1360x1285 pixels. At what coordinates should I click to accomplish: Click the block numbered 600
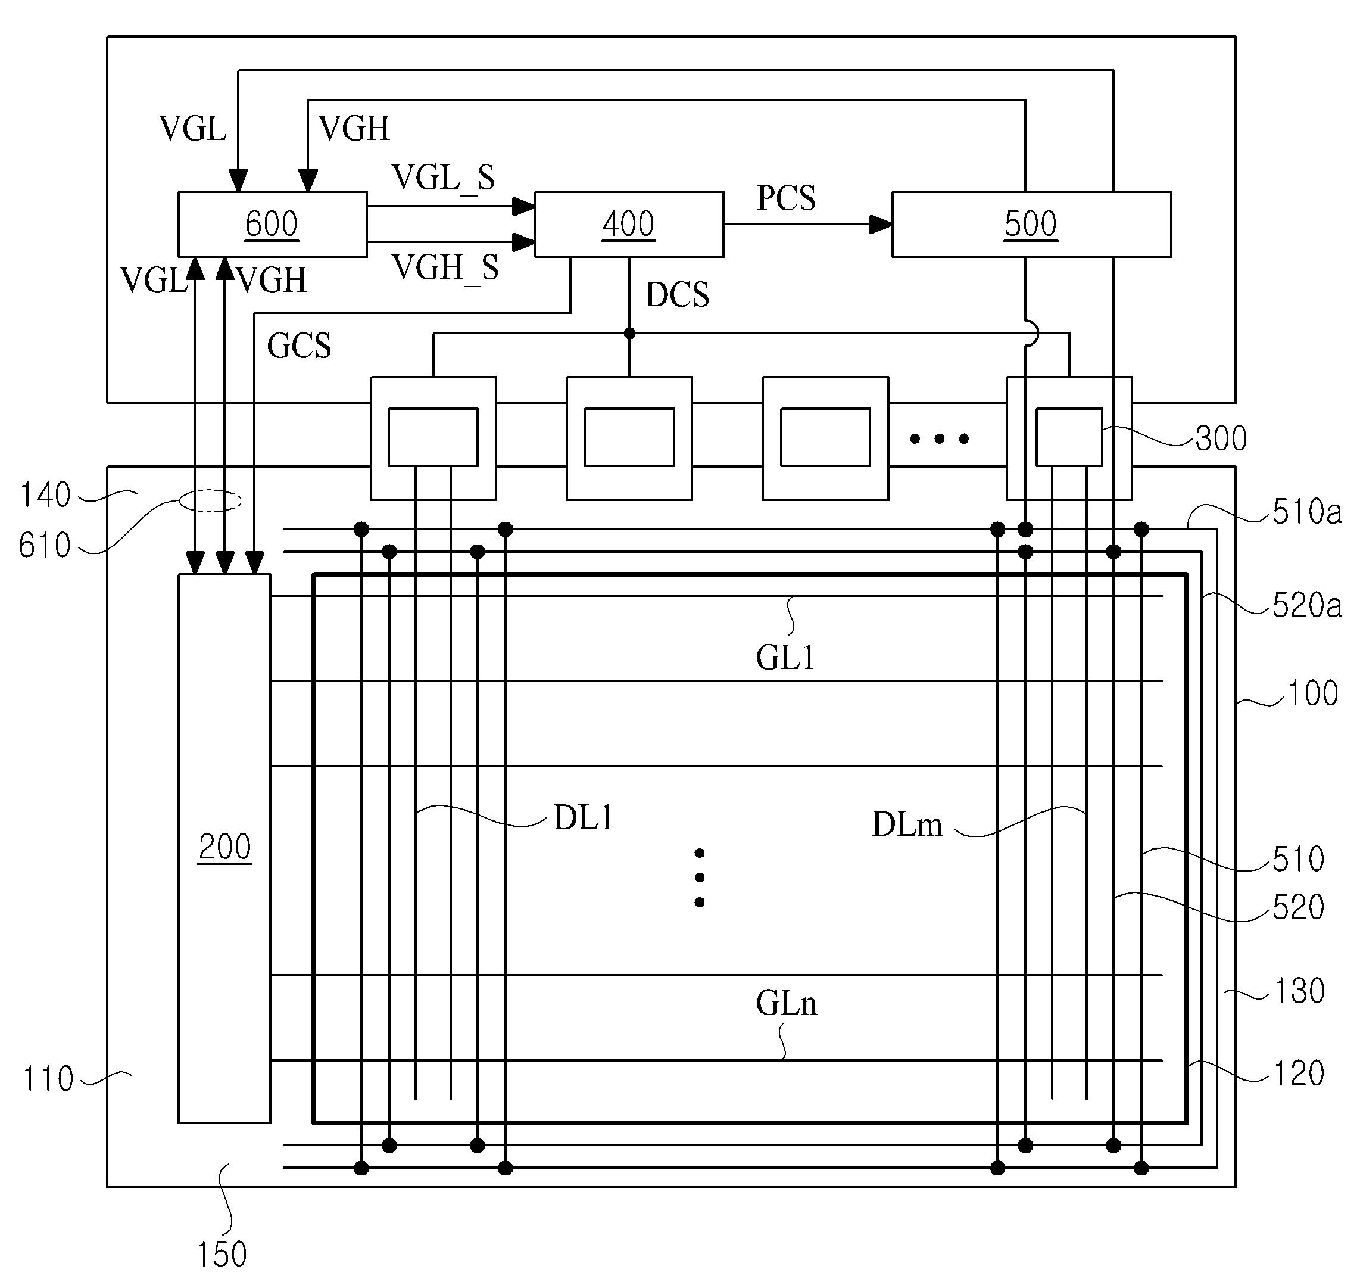[272, 224]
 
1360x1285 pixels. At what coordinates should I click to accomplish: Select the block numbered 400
[628, 224]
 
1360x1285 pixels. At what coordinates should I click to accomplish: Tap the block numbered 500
[1031, 224]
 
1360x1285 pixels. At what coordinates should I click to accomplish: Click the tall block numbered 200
[224, 848]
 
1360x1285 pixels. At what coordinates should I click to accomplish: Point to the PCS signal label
[786, 198]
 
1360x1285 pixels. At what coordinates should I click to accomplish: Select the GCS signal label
[298, 346]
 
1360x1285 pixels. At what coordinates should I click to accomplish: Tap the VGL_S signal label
[443, 178]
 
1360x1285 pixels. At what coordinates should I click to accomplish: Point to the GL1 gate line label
[785, 658]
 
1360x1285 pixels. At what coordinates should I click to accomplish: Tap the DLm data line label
[907, 824]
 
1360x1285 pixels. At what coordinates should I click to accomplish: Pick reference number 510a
[1306, 512]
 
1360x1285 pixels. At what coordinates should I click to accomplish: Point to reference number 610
[45, 546]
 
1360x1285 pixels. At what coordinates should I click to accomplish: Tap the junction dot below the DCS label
[629, 334]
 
